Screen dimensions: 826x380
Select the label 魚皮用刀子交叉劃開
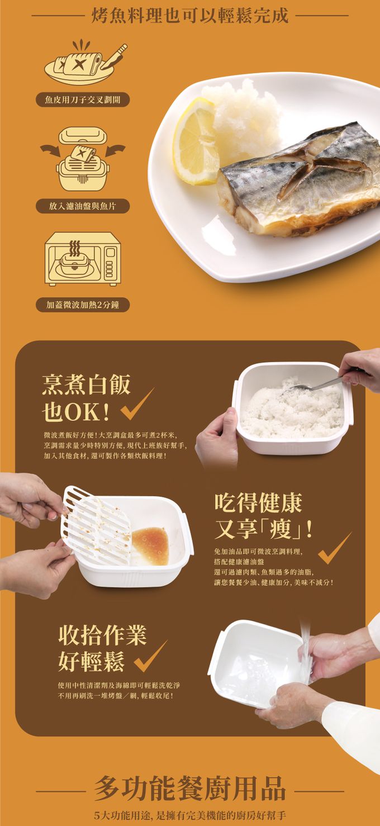pos(83,100)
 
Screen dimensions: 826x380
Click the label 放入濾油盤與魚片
pos(82,206)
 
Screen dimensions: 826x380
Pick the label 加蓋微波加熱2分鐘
pos(83,305)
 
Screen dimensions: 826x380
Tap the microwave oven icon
pos(82,259)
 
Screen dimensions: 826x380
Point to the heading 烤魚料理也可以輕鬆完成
pos(190,16)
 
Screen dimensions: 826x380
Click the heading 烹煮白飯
pos(86,384)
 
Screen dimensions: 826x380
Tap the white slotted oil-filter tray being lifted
pos(95,525)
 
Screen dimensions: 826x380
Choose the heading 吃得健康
pos(258,502)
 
